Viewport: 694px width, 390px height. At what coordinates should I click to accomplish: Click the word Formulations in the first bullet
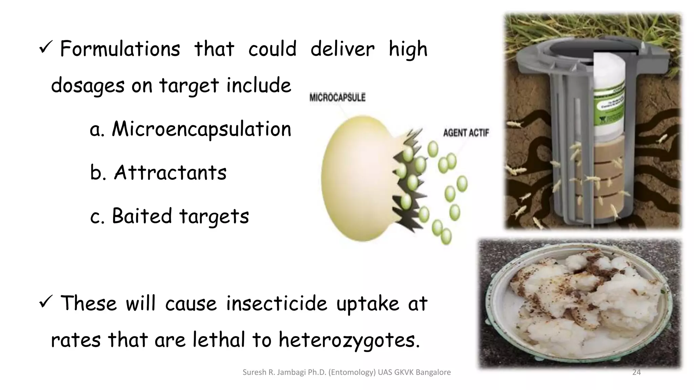tap(120, 49)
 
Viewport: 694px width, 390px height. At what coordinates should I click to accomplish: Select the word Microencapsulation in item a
tap(201, 130)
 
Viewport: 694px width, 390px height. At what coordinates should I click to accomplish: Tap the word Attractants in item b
tap(170, 173)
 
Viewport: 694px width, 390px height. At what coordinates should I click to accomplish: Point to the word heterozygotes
tap(349, 340)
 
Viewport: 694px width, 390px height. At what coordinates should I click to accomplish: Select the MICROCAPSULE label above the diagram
tap(337, 98)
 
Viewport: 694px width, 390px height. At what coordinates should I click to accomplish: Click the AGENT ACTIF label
tap(466, 133)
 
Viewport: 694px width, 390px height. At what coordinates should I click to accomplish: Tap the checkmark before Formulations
tap(45, 48)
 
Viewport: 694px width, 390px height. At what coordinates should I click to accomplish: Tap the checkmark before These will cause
tap(45, 302)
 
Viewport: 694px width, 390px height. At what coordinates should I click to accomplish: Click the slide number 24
tap(636, 372)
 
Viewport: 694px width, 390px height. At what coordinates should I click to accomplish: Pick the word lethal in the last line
tap(219, 340)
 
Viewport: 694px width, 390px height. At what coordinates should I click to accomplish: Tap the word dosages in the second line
tap(87, 86)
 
